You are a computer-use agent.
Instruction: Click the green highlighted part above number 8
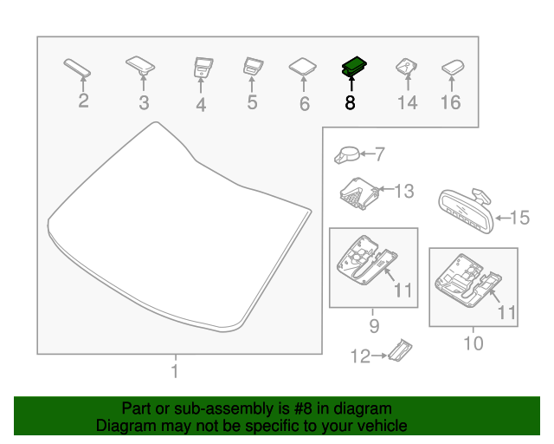point(353,66)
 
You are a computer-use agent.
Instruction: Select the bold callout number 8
point(350,103)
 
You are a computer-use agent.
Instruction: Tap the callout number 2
point(83,101)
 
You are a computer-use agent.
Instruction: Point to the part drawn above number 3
point(141,63)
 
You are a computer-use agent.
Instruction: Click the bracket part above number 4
point(202,67)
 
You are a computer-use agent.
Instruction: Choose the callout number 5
point(252,102)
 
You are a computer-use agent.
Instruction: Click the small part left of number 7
point(345,154)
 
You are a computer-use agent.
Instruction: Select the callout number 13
point(404,191)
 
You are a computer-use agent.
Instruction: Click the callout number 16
point(451,103)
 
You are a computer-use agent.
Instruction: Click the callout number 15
point(519,218)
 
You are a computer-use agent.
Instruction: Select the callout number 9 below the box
point(374,325)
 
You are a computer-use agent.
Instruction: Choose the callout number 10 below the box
point(473,343)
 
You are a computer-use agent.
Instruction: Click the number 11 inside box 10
point(506,311)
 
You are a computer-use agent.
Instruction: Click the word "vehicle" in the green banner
point(377,426)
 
